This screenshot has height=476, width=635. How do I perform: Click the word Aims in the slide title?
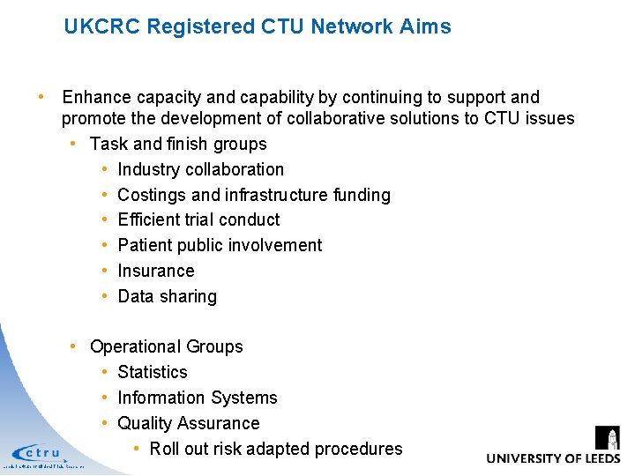(x=427, y=26)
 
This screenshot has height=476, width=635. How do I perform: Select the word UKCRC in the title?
(x=102, y=26)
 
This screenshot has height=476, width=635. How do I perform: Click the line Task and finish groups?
(x=178, y=144)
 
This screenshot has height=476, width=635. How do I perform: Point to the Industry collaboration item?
(x=200, y=169)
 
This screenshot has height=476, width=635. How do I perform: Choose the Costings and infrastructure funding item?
(x=253, y=195)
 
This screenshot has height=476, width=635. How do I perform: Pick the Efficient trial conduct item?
(x=198, y=219)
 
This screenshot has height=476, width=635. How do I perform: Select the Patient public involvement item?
(x=220, y=245)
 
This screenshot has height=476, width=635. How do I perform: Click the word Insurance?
(x=155, y=271)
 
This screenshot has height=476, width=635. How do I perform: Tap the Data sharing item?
(x=167, y=296)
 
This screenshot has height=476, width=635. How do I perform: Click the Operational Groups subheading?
(x=166, y=346)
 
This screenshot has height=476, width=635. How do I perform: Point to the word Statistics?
(x=152, y=372)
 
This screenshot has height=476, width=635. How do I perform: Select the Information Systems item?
(x=197, y=398)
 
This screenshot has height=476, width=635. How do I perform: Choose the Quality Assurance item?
(x=188, y=423)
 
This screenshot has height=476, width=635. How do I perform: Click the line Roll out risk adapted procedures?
(x=275, y=449)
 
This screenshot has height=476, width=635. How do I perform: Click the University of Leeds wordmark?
(x=553, y=458)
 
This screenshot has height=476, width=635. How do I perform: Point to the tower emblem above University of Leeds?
(x=608, y=437)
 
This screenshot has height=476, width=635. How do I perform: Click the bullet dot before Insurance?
(x=105, y=271)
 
